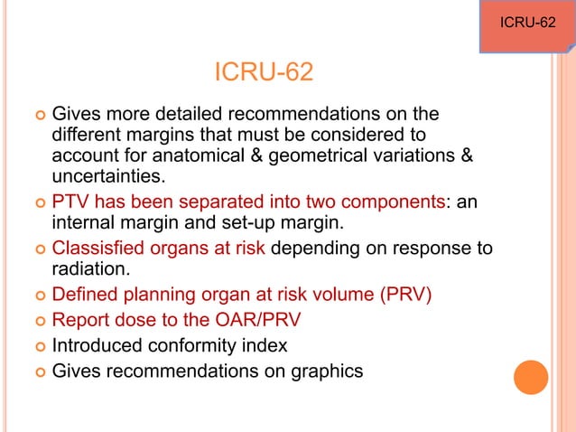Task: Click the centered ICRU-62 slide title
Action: click(264, 71)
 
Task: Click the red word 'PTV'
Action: click(70, 202)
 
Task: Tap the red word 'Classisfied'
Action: click(96, 249)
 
